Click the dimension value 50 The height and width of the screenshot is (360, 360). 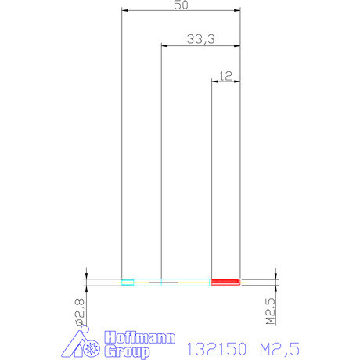tap(181, 5)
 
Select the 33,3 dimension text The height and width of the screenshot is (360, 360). tap(201, 39)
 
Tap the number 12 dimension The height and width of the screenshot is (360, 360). tap(225, 76)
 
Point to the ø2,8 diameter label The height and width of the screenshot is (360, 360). tap(80, 312)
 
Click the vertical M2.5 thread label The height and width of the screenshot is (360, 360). tap(271, 311)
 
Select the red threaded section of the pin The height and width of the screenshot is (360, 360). tap(225, 282)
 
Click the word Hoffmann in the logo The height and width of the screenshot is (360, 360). tap(140, 337)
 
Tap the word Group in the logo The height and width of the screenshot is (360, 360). tap(127, 351)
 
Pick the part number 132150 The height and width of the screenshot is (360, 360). tap(217, 349)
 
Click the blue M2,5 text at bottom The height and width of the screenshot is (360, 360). tap(279, 349)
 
